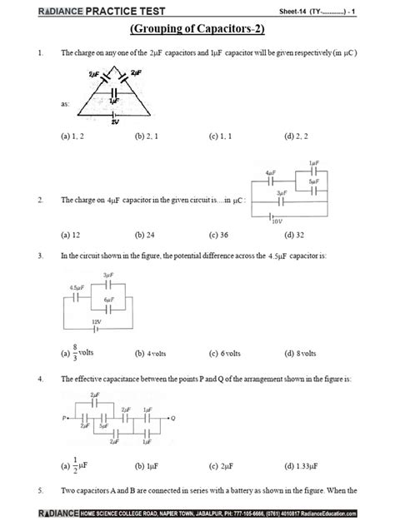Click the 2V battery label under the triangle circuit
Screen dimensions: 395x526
click(x=114, y=122)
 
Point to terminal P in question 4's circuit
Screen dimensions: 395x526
click(x=64, y=417)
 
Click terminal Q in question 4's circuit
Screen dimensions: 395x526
click(x=172, y=417)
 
